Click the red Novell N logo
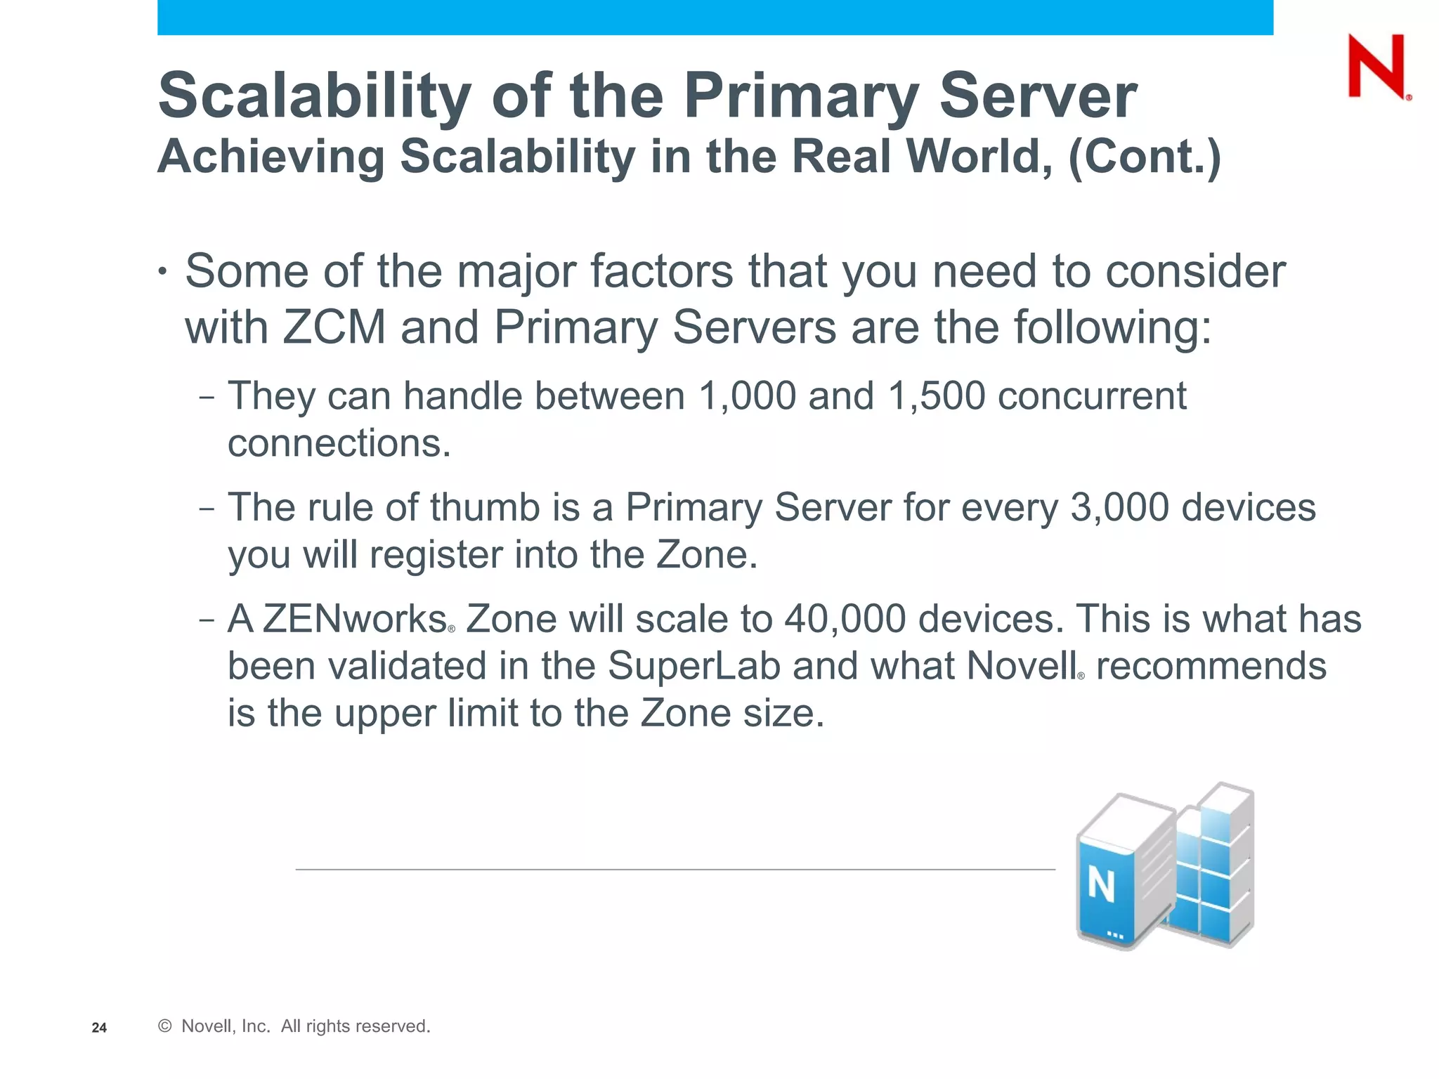1376,67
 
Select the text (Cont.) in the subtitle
1144,156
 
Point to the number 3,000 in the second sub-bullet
1119,507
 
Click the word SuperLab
694,666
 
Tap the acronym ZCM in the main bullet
334,327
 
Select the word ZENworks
355,619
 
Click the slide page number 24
99,1028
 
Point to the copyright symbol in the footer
165,1026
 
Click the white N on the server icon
1101,885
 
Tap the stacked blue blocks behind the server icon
1216,864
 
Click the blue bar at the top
715,17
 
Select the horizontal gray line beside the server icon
675,869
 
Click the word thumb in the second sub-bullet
484,507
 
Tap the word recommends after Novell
1211,666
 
